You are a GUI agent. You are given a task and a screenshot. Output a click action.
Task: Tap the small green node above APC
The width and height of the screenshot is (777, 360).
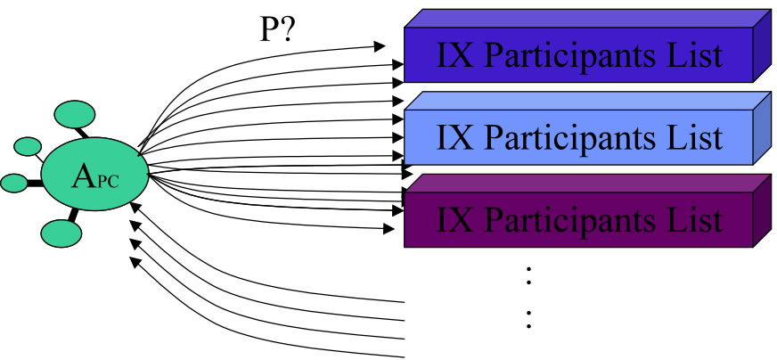pyautogui.click(x=75, y=115)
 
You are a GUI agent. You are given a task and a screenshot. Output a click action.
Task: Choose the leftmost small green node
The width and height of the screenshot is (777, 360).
pyautogui.click(x=13, y=183)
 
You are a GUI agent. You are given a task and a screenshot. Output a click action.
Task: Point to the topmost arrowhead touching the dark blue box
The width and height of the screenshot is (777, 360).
pyautogui.click(x=380, y=44)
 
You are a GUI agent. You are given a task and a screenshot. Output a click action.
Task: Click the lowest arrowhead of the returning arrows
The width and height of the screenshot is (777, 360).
pyautogui.click(x=135, y=261)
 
